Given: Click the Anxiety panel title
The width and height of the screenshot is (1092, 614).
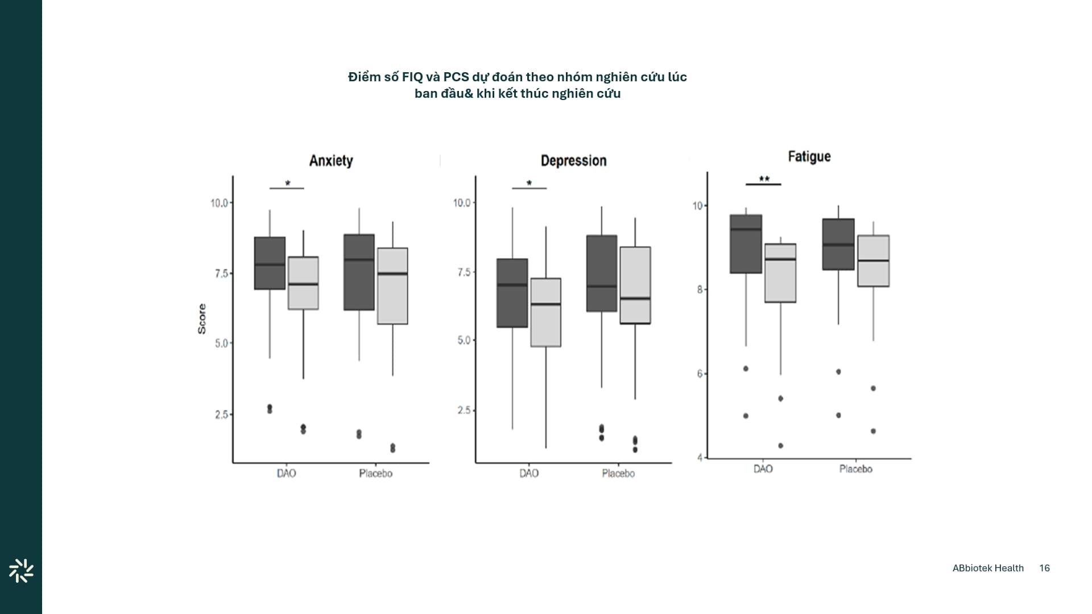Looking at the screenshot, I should point(331,161).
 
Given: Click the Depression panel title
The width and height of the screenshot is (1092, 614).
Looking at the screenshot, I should point(573,161).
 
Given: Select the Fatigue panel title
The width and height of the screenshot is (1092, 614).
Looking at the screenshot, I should point(809,156).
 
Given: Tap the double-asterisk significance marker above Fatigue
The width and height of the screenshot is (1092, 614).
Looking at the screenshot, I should point(764,180).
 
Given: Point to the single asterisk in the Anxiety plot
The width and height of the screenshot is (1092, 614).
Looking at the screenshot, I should point(287,184).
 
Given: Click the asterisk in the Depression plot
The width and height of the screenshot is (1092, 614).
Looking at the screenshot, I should point(529,184).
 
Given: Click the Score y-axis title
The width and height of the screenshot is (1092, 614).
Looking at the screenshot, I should point(202,318).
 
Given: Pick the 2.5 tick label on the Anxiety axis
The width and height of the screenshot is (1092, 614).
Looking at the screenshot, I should point(221,414).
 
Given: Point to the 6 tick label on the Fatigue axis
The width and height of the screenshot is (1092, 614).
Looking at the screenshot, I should point(700,374).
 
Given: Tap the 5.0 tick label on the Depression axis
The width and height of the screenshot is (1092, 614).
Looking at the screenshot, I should point(464,341).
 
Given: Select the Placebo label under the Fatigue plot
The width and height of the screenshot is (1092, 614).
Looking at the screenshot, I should point(855,469).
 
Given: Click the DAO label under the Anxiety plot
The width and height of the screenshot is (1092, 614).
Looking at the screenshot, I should point(286,474).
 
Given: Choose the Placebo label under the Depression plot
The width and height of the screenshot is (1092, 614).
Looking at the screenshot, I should point(618,474).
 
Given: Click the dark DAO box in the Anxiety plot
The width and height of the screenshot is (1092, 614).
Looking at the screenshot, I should point(270,263).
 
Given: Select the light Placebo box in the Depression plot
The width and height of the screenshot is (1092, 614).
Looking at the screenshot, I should point(635,285).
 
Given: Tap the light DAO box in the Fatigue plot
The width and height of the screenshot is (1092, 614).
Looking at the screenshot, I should point(780,273).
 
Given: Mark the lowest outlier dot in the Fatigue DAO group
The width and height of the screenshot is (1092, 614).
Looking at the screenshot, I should point(780,446).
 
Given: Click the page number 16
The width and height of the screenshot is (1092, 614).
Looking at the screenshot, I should point(1044,568).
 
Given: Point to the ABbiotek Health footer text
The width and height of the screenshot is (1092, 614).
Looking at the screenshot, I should point(988,568).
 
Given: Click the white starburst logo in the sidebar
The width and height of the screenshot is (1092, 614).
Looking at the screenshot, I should point(21,571).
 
